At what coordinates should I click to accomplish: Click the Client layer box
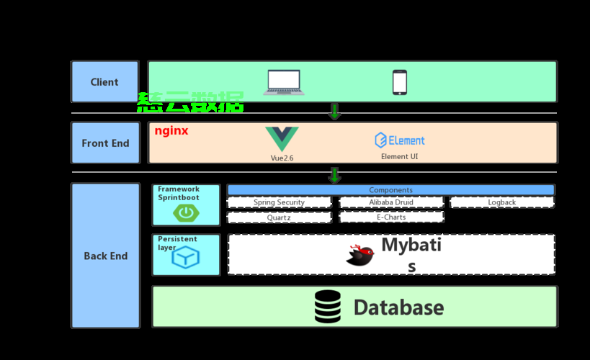click(x=104, y=82)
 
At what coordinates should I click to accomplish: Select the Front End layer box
click(x=105, y=143)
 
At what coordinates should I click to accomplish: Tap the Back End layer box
click(x=105, y=256)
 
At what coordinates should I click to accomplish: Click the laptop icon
click(x=284, y=82)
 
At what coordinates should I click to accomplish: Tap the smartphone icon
click(x=399, y=82)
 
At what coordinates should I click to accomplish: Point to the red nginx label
click(x=171, y=131)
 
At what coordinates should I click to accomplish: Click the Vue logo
click(x=282, y=138)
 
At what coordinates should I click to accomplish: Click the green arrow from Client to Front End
click(x=334, y=111)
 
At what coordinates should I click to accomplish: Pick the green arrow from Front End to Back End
click(x=334, y=175)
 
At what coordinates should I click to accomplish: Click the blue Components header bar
click(x=390, y=190)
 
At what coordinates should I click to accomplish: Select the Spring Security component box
click(x=279, y=202)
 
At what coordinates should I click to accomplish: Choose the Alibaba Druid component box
click(x=391, y=202)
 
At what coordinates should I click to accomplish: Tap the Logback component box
click(x=501, y=202)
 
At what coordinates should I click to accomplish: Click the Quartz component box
click(x=279, y=217)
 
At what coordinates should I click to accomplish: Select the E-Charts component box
click(x=391, y=217)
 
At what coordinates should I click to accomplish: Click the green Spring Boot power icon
click(x=186, y=212)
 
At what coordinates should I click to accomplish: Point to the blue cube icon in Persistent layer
click(x=186, y=257)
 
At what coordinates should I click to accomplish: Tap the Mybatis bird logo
click(x=359, y=255)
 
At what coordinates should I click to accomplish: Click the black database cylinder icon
click(x=328, y=307)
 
